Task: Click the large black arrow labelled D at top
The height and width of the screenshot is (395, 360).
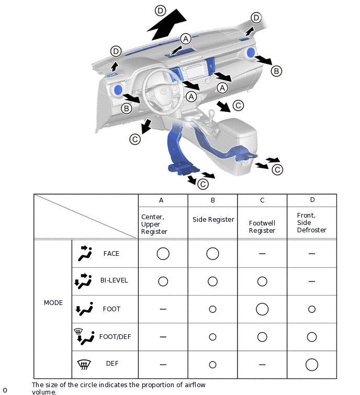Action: (167, 25)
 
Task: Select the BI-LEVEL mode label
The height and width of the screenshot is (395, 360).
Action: (114, 280)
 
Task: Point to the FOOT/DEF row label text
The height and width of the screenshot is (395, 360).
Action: (115, 337)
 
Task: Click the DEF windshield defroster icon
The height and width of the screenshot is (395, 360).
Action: (84, 364)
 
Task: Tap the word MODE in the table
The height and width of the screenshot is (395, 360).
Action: (53, 303)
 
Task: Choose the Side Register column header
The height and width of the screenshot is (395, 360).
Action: (213, 220)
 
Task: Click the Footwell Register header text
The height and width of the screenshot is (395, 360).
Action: (262, 227)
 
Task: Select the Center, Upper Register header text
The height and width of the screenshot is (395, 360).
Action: (154, 224)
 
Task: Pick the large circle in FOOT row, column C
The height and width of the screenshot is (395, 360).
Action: (262, 309)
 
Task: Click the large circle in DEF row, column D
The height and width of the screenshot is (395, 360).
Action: (312, 365)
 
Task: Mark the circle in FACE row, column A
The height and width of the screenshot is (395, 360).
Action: (163, 253)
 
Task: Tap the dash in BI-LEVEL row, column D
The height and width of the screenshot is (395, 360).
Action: (312, 281)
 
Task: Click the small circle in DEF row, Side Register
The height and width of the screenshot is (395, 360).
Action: (212, 365)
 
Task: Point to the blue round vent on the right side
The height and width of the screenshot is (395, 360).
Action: (251, 52)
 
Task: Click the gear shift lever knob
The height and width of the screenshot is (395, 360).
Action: (211, 112)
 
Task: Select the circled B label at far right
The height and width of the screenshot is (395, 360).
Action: (276, 71)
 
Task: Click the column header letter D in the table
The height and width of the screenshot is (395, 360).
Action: (312, 200)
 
